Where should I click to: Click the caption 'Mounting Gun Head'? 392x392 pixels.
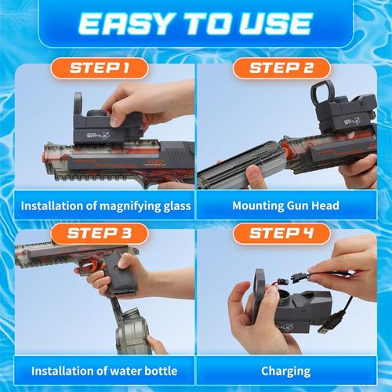pos(285,206)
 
